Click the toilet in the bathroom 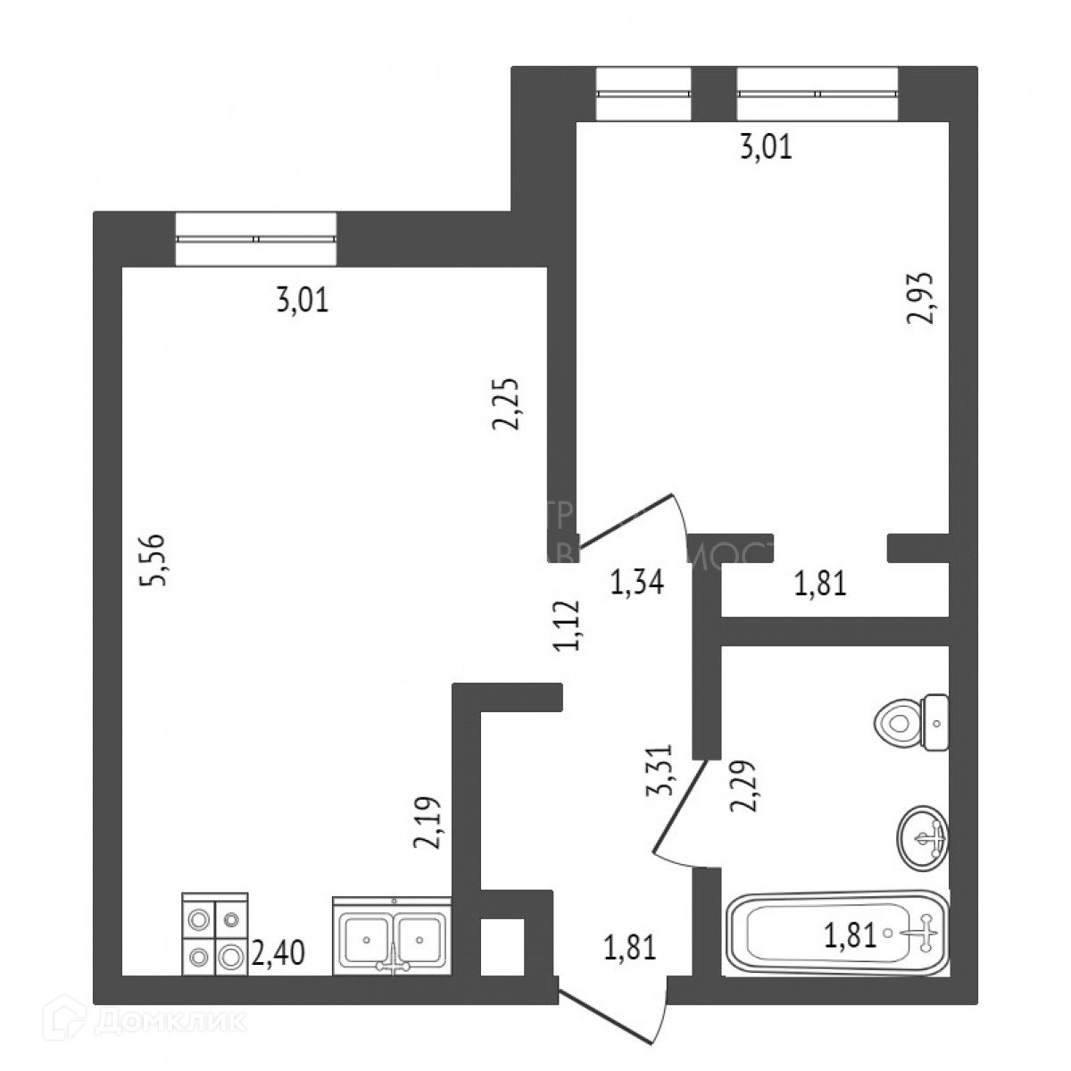pos(912,721)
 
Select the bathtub pos(837,934)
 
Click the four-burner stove pos(214,932)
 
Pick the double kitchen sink pos(393,935)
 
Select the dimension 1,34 pos(636,585)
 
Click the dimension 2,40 pos(279,953)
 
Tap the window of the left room pos(256,239)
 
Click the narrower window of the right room pos(643,94)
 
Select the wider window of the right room pos(817,94)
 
